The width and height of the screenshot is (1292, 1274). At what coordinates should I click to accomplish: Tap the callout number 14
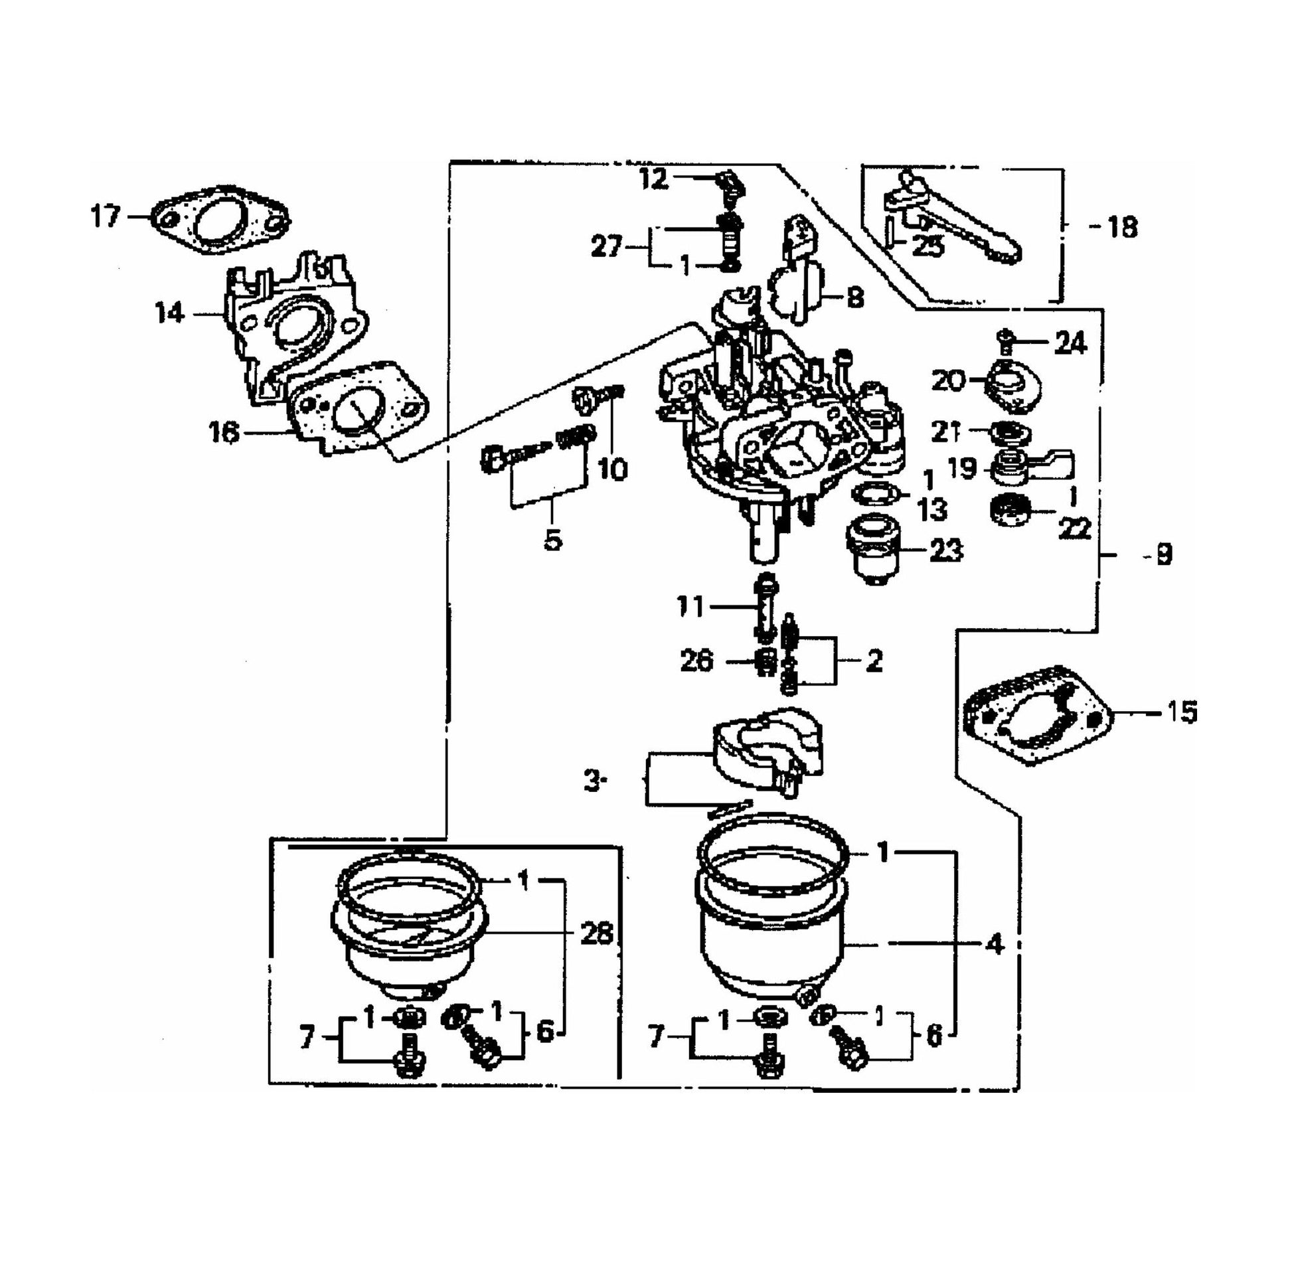(x=169, y=312)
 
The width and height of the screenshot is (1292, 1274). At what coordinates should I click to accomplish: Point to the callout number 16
(x=223, y=433)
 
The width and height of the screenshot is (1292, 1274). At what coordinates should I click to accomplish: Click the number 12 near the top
(x=653, y=179)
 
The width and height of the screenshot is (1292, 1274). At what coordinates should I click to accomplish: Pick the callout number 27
(x=607, y=248)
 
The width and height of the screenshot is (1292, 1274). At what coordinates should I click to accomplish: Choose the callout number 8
(x=854, y=297)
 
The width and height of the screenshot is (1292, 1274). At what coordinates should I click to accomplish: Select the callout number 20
(x=949, y=381)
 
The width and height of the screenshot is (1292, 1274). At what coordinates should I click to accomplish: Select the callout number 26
(x=696, y=661)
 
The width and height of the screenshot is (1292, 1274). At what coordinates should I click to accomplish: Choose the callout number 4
(x=995, y=943)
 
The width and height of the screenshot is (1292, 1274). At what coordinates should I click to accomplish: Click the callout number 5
(x=552, y=540)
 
